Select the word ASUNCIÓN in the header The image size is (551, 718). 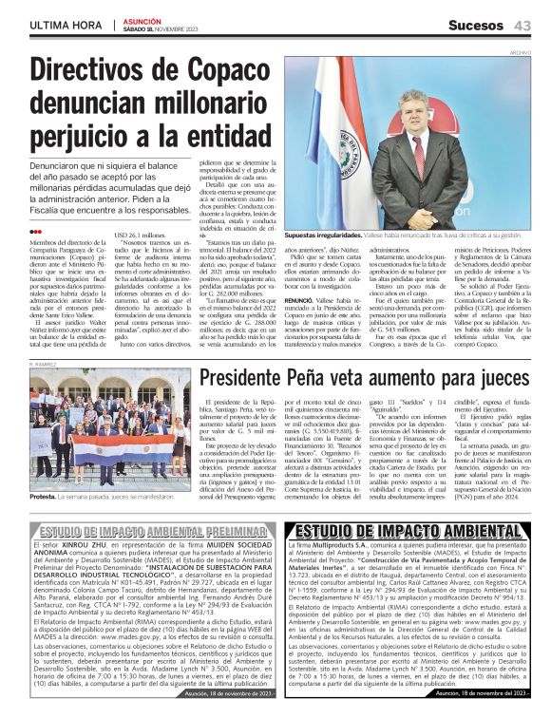click(140, 20)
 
